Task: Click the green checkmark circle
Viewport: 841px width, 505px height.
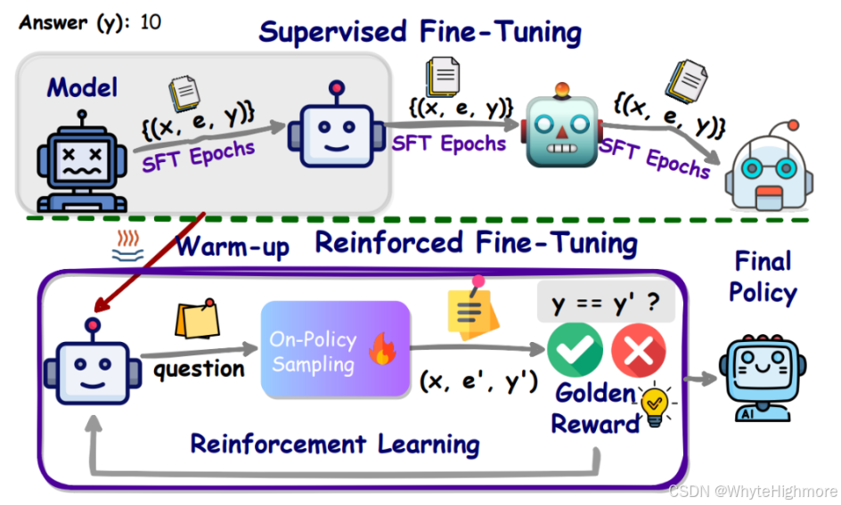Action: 575,351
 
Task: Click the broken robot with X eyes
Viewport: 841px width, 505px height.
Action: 83,167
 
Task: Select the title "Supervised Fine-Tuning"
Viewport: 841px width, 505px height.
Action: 420,33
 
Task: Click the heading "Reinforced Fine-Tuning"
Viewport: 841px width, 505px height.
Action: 477,243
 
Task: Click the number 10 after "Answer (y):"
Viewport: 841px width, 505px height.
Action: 151,21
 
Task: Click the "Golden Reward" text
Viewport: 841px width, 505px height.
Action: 595,409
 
